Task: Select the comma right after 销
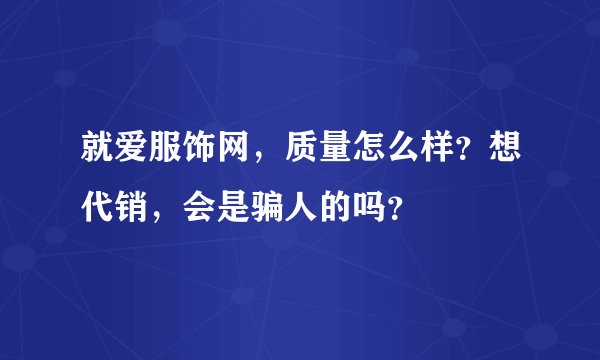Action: coord(145,216)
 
